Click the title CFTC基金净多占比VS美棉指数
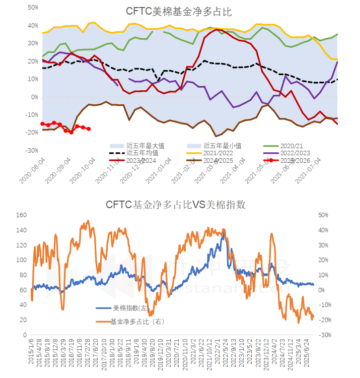175,205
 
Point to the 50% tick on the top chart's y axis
33,8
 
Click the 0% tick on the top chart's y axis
35,97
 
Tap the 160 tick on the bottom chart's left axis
22,215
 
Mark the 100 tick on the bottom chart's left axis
22,260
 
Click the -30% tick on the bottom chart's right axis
325,335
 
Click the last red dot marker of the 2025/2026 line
89,129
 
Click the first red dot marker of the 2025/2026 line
43,123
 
